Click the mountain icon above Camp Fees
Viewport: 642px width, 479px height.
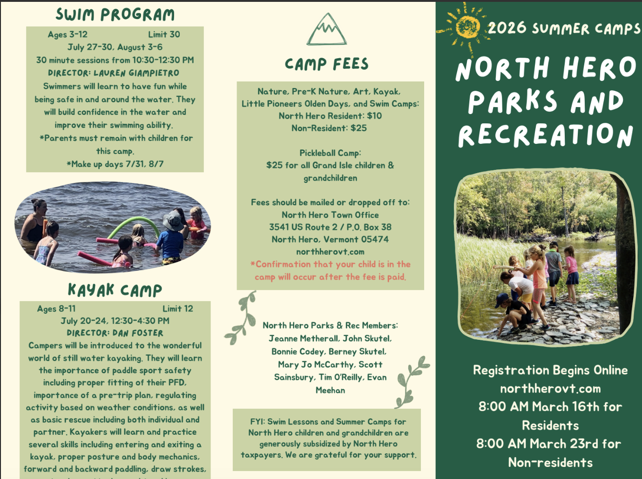[326, 30]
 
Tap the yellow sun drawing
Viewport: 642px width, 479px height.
[467, 27]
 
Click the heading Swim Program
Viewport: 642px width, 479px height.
[115, 14]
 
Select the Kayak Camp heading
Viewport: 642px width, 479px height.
[115, 290]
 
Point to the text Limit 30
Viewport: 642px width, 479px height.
[164, 34]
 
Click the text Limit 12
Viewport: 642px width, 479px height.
[177, 309]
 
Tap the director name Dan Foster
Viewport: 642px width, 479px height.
[138, 333]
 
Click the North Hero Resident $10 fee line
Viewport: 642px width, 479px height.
[330, 116]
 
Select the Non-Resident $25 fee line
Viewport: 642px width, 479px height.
[329, 128]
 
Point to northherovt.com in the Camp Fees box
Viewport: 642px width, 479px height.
[330, 252]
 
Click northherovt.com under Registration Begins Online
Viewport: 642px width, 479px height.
[550, 389]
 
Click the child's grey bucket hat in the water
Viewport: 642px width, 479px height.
[173, 220]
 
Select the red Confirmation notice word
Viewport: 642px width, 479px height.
[283, 264]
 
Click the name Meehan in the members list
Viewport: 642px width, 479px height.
[330, 391]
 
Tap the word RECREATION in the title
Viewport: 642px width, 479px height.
[545, 135]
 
